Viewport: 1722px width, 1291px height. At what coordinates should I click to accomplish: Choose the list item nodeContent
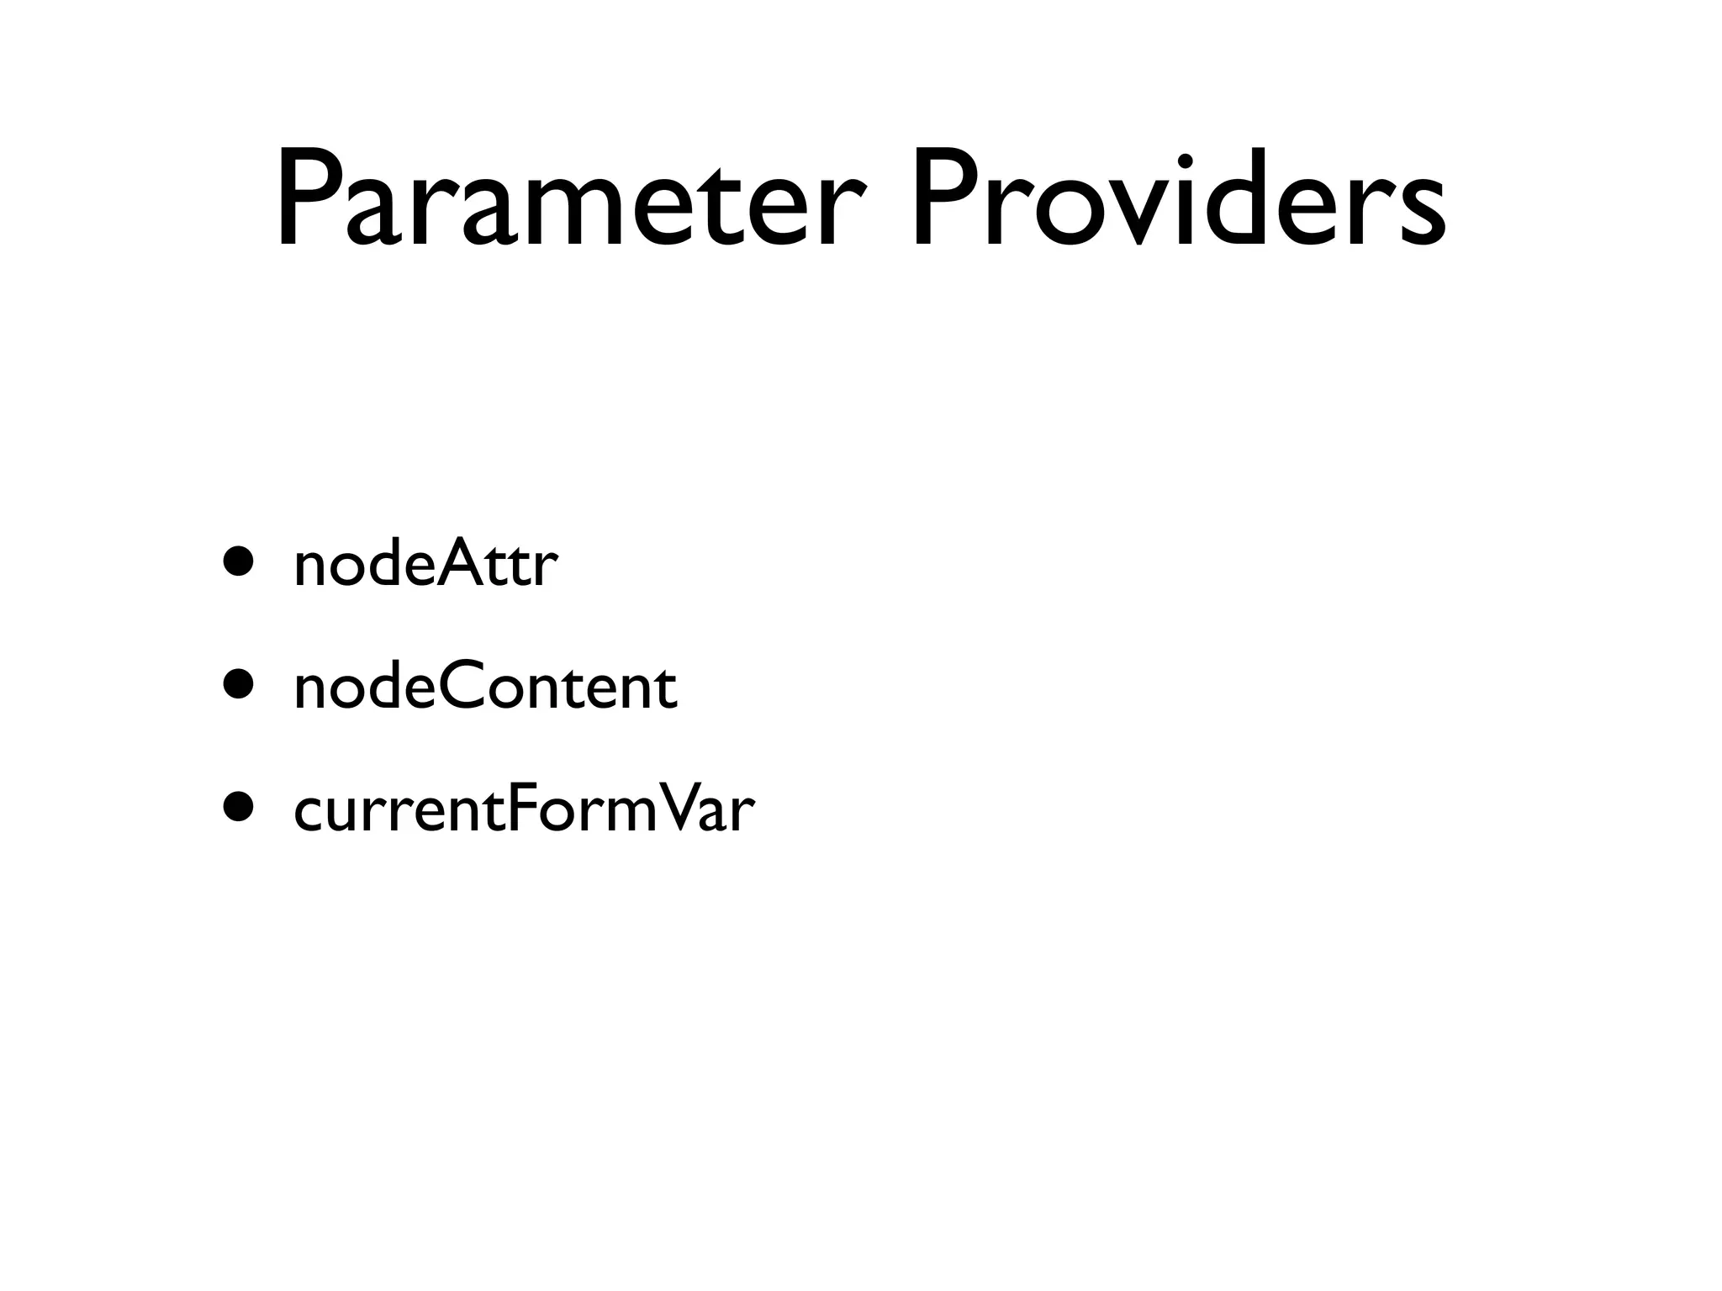coord(485,685)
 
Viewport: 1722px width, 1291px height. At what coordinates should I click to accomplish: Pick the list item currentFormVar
coord(524,809)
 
